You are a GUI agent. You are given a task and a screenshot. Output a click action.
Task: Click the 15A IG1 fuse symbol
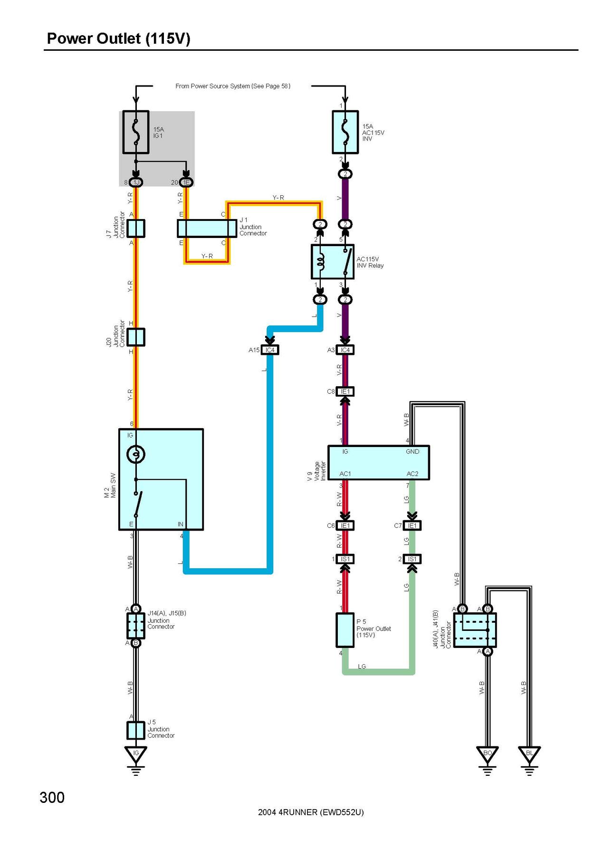click(136, 132)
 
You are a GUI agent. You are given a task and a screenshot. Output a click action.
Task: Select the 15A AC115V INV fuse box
click(345, 132)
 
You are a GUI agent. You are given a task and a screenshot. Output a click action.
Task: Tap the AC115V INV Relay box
click(333, 262)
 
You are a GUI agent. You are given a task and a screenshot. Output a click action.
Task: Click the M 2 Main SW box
click(161, 479)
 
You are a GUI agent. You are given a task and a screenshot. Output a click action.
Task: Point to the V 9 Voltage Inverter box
click(379, 463)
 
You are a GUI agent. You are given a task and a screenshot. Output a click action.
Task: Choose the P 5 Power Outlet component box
click(345, 630)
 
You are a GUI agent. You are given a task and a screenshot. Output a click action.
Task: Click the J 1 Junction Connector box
click(207, 229)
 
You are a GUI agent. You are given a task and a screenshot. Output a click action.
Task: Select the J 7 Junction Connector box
click(136, 229)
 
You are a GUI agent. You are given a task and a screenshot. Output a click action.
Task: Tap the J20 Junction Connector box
click(136, 337)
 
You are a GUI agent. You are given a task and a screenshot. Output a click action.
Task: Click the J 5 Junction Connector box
click(136, 730)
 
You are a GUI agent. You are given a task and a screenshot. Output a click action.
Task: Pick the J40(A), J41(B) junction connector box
click(475, 630)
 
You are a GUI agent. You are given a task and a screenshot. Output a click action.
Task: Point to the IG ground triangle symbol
click(136, 754)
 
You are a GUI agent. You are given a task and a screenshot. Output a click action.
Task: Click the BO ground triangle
click(487, 754)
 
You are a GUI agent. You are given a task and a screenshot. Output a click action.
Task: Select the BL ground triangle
click(529, 754)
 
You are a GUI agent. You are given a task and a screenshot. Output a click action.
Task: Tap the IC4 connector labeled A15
click(269, 350)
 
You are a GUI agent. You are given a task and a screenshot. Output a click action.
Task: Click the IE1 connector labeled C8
click(345, 392)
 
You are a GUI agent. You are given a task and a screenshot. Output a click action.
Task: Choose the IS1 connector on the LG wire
click(412, 559)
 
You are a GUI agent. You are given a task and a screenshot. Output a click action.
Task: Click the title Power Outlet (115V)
click(119, 38)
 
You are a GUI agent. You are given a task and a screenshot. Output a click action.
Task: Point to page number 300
click(52, 797)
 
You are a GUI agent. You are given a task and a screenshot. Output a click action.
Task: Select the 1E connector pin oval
click(186, 182)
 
